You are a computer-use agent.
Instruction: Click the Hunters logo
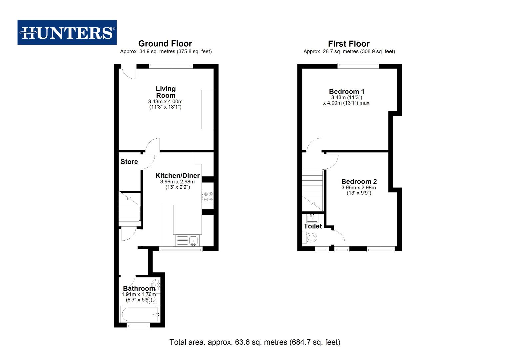[x=67, y=32]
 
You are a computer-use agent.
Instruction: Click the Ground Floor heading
[x=165, y=44]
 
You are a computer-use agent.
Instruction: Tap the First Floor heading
[x=348, y=44]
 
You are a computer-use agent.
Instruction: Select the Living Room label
[x=166, y=92]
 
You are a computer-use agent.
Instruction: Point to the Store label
[x=129, y=162]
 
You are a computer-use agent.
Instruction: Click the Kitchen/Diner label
[x=177, y=176]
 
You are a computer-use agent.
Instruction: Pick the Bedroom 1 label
[x=346, y=91]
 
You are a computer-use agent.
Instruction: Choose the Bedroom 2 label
[x=359, y=182]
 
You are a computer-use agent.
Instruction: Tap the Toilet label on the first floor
[x=312, y=226]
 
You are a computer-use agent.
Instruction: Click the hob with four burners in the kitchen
[x=208, y=197]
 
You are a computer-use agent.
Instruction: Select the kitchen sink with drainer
[x=187, y=240]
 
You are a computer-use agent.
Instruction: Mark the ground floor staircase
[x=129, y=208]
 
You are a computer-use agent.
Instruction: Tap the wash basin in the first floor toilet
[x=312, y=218]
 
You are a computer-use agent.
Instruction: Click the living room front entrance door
[x=129, y=72]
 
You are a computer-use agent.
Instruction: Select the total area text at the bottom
[x=255, y=342]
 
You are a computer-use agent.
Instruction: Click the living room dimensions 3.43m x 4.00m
[x=165, y=102]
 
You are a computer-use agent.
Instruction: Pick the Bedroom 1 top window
[x=358, y=66]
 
